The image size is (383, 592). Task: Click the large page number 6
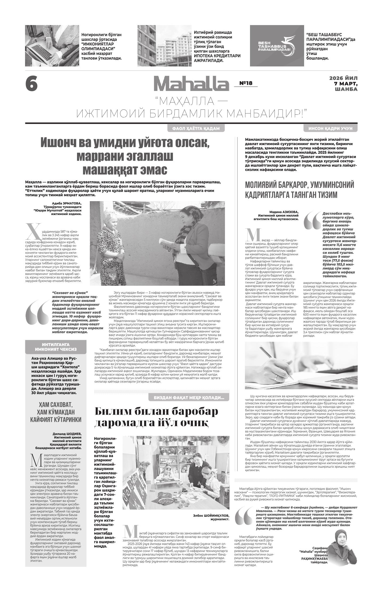[x=31, y=84]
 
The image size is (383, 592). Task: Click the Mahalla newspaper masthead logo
[x=191, y=84]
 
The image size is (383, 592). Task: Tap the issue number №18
[x=246, y=83]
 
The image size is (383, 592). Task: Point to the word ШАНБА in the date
[x=346, y=89]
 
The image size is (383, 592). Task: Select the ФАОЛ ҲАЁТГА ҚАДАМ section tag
[x=196, y=129]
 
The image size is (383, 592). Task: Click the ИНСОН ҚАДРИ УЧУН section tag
[x=330, y=129]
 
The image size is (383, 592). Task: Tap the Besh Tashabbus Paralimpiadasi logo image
[x=277, y=46]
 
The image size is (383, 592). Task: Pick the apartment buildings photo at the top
[x=164, y=46]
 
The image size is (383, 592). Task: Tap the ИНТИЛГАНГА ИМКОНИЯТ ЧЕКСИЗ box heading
[x=56, y=347]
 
